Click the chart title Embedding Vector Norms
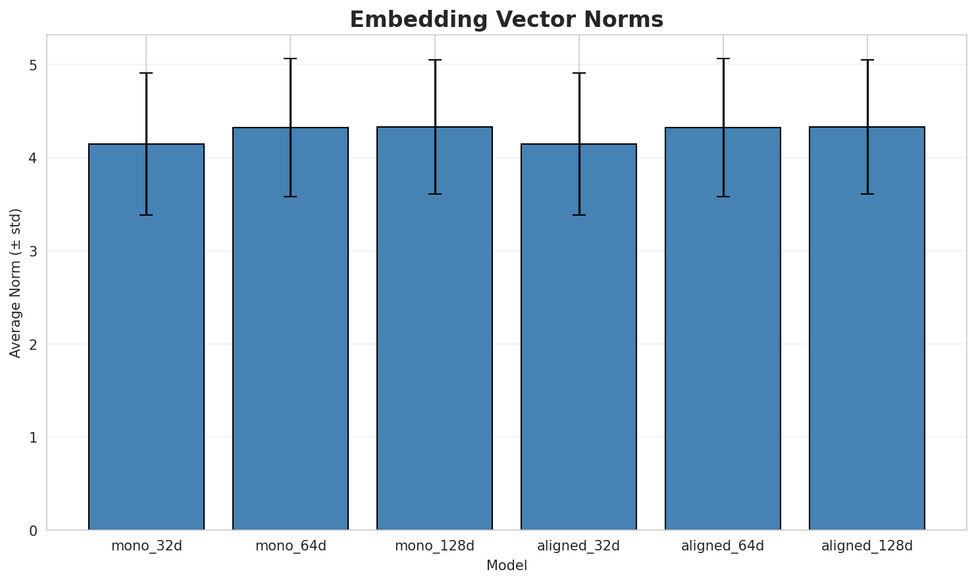[506, 20]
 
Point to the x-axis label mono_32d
[146, 546]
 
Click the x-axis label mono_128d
[434, 546]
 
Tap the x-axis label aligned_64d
[723, 546]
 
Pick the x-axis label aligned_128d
[867, 546]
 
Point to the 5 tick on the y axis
[33, 65]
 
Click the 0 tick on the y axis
[33, 530]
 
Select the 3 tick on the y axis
[33, 251]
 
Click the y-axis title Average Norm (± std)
[16, 283]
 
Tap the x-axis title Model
[506, 566]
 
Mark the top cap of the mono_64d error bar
[290, 59]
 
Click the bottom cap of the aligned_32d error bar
[578, 215]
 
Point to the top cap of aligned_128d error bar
[867, 60]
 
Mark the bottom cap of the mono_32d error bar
[146, 215]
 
